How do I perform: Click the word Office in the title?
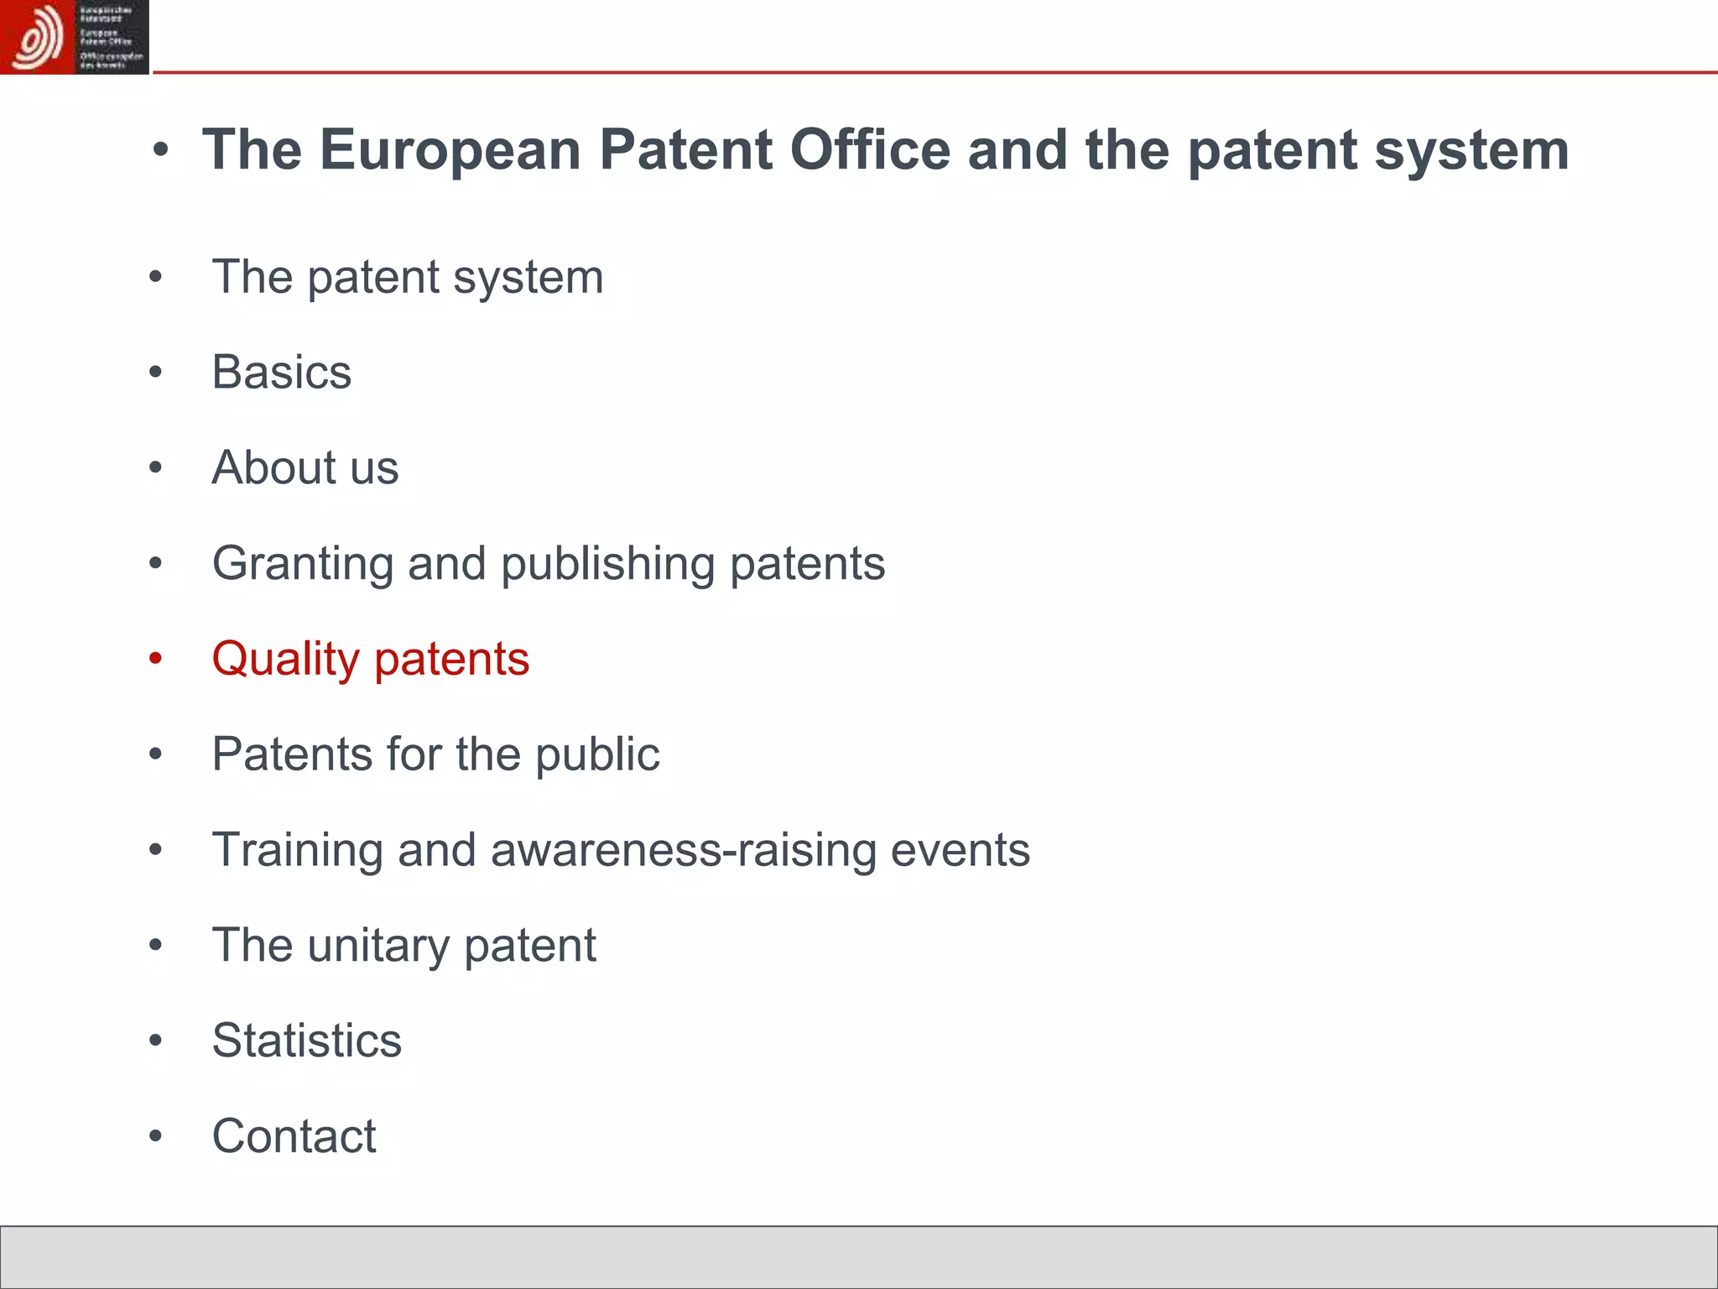[x=870, y=150]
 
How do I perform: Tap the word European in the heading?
[x=450, y=150]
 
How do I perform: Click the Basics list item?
[x=282, y=372]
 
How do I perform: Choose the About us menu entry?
[x=305, y=467]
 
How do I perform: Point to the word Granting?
[x=302, y=564]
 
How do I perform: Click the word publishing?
[x=607, y=564]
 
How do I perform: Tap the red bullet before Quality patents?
[x=155, y=659]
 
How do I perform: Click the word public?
[x=597, y=754]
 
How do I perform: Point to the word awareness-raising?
[x=684, y=850]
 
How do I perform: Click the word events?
[x=960, y=850]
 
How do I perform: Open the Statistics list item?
[x=307, y=1041]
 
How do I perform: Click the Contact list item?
[x=294, y=1136]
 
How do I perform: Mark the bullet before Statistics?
[x=155, y=1041]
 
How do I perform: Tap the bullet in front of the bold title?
[x=161, y=151]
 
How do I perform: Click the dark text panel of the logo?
[x=112, y=37]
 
